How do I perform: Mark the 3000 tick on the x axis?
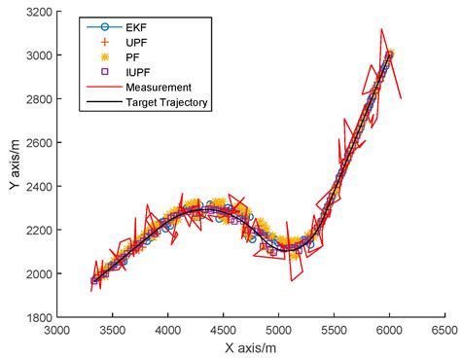coord(57,330)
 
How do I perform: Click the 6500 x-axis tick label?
coord(445,330)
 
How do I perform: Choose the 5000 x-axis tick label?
coord(279,330)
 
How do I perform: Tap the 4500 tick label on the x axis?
coord(224,330)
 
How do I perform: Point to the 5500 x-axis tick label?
coord(335,330)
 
